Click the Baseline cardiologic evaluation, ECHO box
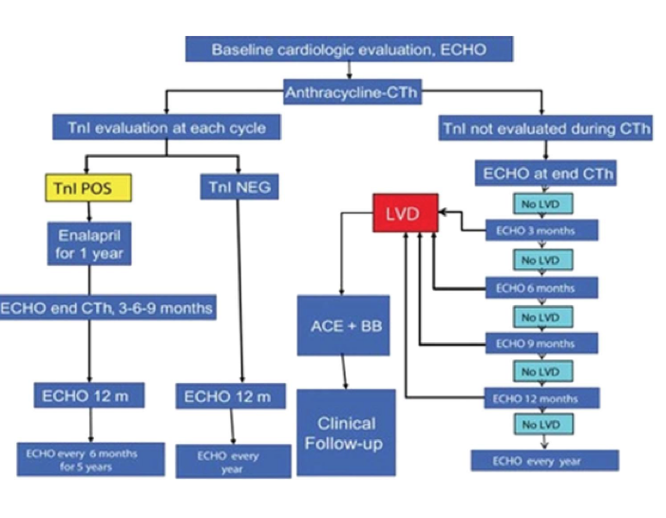349,49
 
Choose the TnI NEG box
238,187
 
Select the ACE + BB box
343,325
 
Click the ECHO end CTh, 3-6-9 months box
107,307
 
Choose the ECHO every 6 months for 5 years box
89,460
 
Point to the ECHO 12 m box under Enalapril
89,396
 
